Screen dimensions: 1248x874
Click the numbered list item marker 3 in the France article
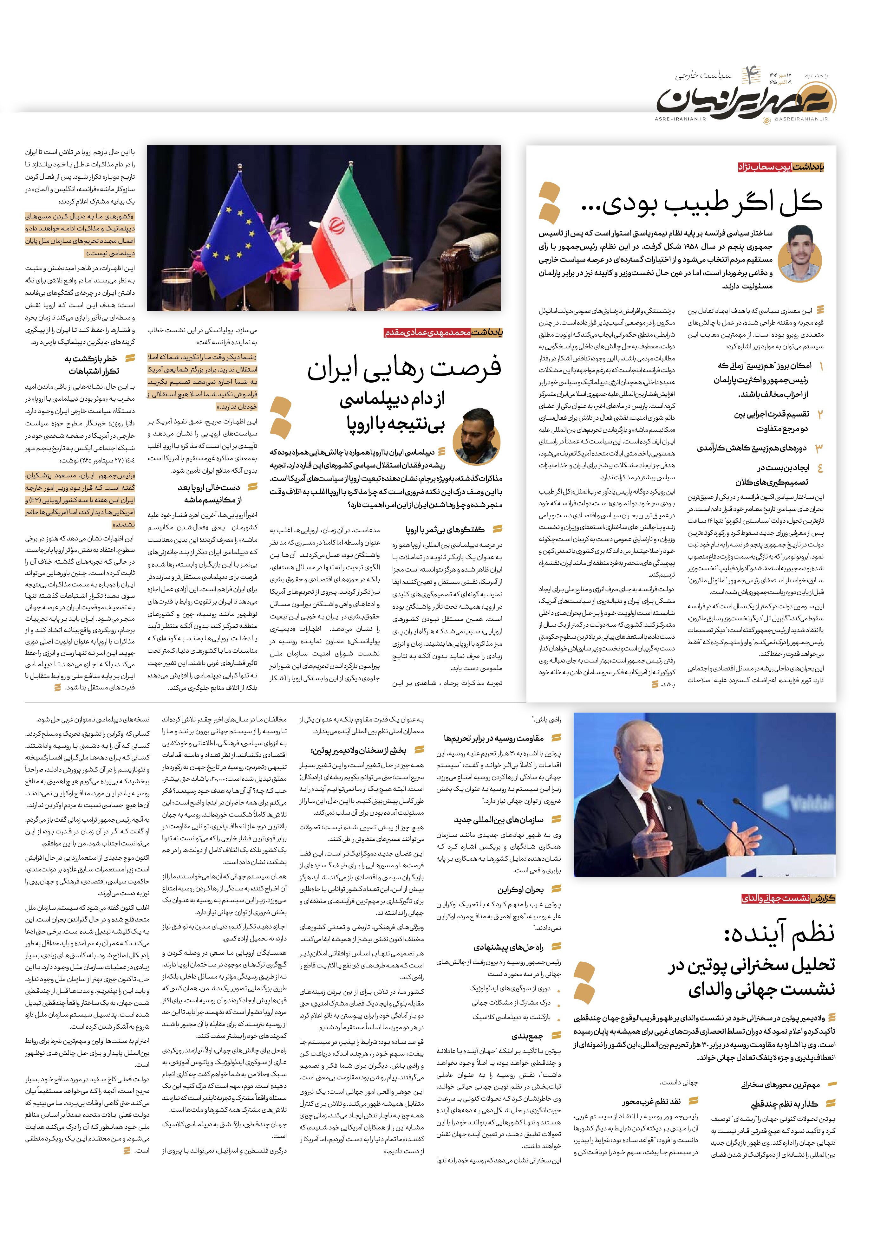click(x=819, y=448)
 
